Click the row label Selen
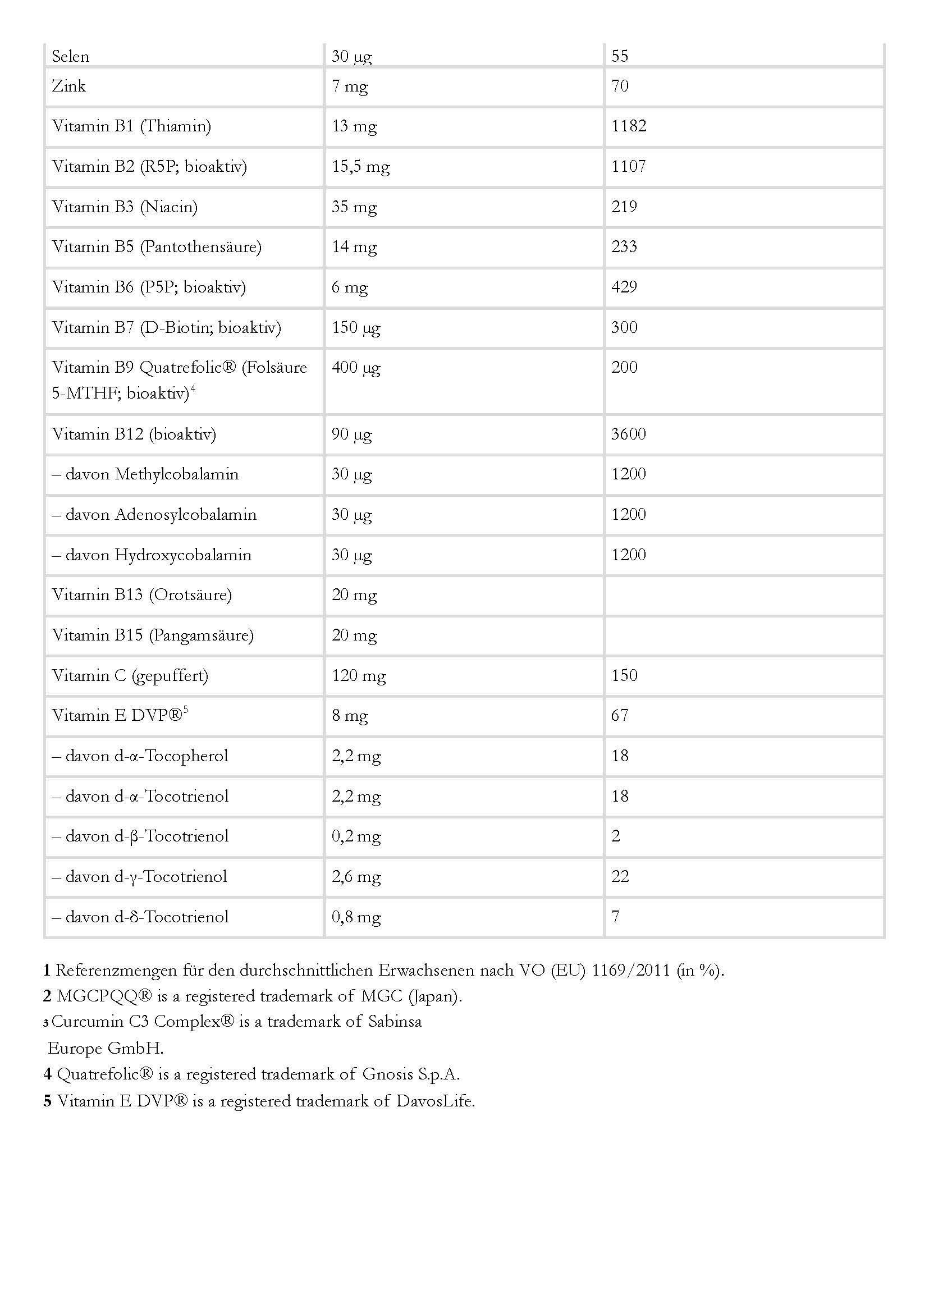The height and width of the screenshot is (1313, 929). pyautogui.click(x=70, y=56)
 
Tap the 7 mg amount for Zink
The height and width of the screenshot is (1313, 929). pyautogui.click(x=350, y=86)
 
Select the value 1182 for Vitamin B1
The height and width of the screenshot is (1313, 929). pyautogui.click(x=629, y=126)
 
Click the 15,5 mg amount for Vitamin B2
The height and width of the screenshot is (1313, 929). pyautogui.click(x=360, y=167)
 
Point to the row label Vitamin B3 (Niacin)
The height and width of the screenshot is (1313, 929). pyautogui.click(x=125, y=207)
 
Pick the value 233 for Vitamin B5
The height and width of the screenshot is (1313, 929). pyautogui.click(x=624, y=246)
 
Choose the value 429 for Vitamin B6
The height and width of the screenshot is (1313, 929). pyautogui.click(x=624, y=287)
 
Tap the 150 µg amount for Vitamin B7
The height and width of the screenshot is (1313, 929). pyautogui.click(x=356, y=327)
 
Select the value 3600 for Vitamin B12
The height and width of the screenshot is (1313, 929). pyautogui.click(x=629, y=434)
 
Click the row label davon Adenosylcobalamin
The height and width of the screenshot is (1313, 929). pyautogui.click(x=154, y=514)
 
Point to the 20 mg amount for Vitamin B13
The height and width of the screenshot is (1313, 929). pyautogui.click(x=354, y=595)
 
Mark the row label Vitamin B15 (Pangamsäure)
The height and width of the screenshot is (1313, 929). pyautogui.click(x=153, y=635)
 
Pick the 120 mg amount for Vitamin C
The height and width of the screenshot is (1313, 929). pyautogui.click(x=359, y=676)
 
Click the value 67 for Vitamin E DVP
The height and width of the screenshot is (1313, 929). pyautogui.click(x=620, y=715)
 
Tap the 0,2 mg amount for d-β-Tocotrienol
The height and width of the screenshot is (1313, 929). pyautogui.click(x=356, y=836)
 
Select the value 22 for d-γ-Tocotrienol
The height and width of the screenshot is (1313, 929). pyautogui.click(x=620, y=876)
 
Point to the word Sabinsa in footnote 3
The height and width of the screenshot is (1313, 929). pyautogui.click(x=395, y=1021)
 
